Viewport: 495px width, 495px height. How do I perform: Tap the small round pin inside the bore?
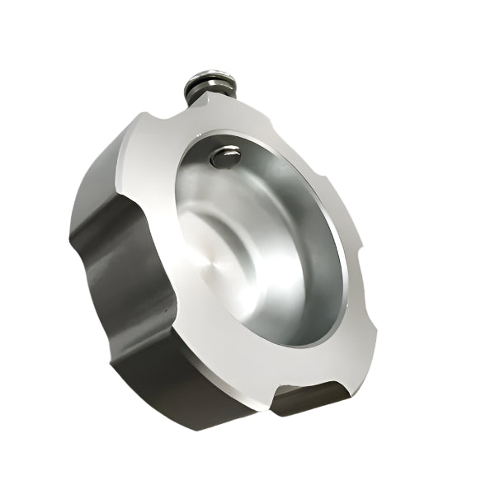click(224, 157)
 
